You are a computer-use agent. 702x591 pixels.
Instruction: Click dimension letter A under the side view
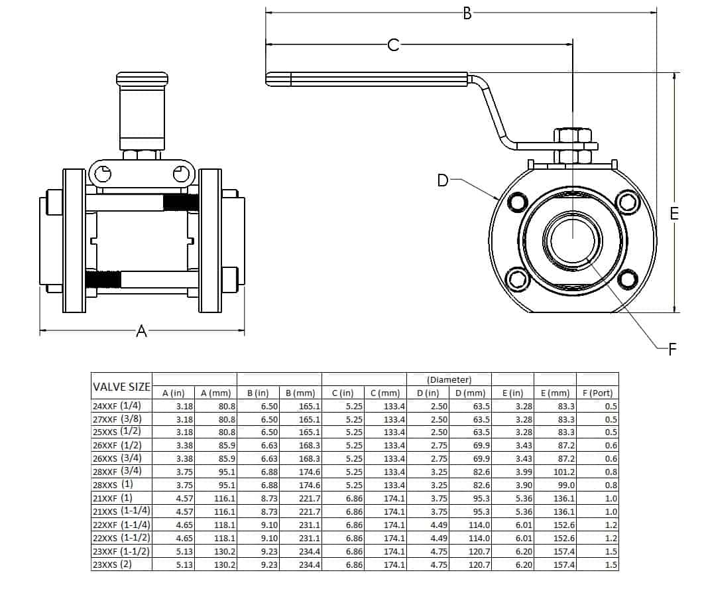[141, 331]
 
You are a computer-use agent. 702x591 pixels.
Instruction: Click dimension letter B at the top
[467, 13]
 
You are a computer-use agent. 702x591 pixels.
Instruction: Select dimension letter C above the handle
[393, 45]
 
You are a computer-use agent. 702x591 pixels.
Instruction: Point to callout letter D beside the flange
[443, 180]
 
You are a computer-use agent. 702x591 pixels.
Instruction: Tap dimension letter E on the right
[674, 214]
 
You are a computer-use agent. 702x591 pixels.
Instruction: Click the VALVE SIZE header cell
[122, 387]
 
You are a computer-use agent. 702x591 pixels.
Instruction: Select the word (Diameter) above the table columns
[449, 380]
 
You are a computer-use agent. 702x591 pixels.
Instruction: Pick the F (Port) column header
[597, 393]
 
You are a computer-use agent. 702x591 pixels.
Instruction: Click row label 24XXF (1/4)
[122, 406]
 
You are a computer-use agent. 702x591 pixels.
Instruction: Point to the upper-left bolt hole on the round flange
[516, 200]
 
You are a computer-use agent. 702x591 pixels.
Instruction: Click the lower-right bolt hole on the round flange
[626, 279]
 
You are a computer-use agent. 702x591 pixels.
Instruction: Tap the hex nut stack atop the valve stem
[572, 146]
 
